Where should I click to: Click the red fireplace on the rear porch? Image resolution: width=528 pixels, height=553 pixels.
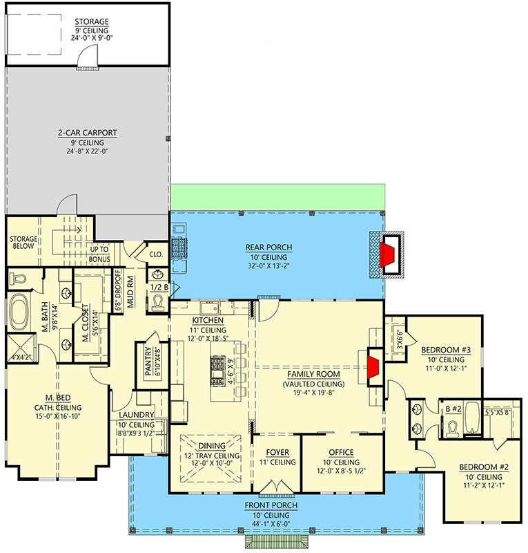click(391, 254)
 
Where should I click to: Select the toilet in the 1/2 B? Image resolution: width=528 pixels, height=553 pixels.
click(158, 302)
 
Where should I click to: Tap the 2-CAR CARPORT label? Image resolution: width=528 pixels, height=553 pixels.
click(87, 132)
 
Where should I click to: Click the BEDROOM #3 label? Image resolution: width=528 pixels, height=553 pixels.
click(446, 350)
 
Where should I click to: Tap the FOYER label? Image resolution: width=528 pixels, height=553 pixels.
click(276, 453)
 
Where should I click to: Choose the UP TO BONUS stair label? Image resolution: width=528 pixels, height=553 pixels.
click(99, 254)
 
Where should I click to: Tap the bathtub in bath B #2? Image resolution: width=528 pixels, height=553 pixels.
click(473, 416)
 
